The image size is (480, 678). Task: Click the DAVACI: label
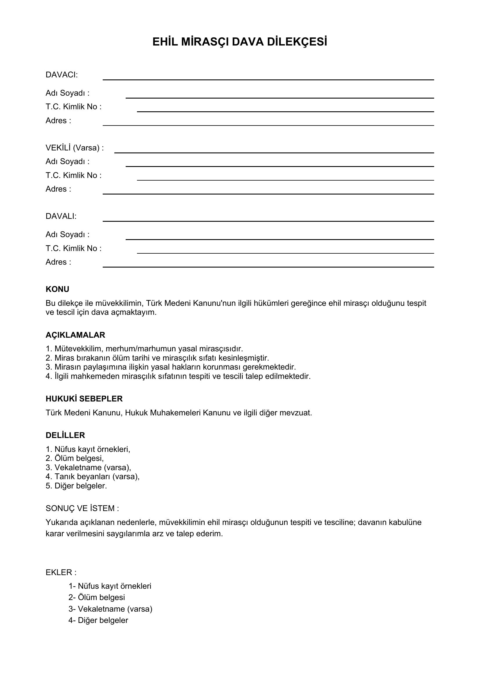point(62,75)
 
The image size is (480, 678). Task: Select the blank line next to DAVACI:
point(268,79)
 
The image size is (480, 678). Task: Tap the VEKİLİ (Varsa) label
point(75,148)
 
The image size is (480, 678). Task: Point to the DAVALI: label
point(61,216)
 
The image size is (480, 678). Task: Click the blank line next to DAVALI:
point(268,221)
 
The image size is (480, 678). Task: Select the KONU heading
point(57,289)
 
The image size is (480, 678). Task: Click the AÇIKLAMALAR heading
point(75,335)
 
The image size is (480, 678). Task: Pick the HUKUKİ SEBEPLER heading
point(84,399)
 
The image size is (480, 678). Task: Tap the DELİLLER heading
point(65,435)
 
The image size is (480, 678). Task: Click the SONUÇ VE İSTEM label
point(82,508)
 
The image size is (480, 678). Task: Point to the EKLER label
point(61,572)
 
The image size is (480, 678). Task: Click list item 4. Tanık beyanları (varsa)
point(93,476)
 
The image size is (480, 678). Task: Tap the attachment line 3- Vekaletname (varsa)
point(110,609)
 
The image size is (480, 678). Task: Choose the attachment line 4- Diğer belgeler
point(98,620)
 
